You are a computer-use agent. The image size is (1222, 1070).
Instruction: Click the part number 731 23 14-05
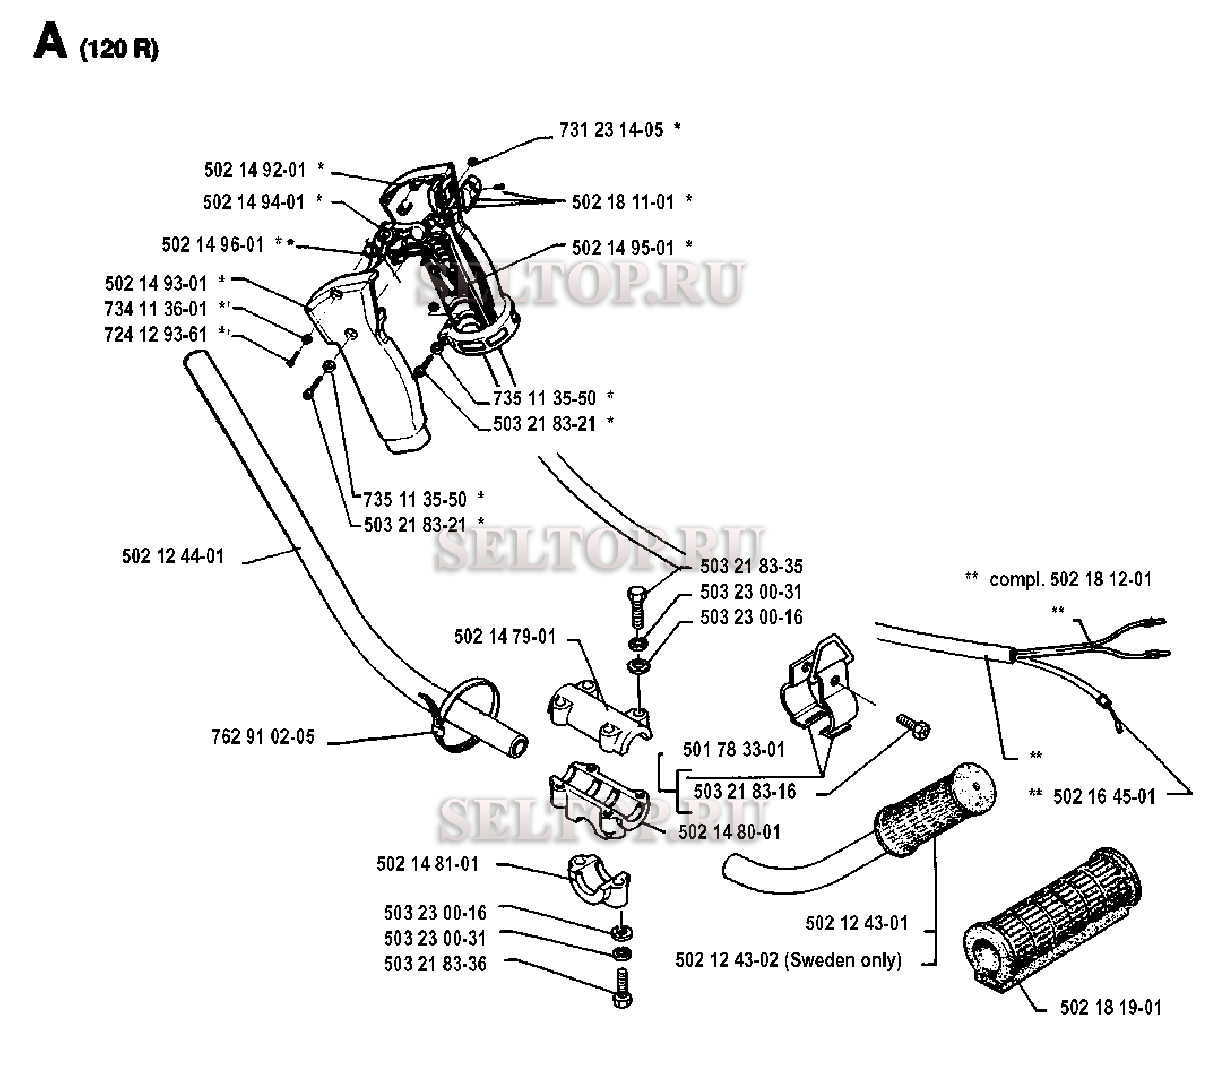(x=611, y=130)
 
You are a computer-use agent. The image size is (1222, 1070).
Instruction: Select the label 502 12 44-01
(x=173, y=556)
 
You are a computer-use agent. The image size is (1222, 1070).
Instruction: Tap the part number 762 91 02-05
(x=263, y=737)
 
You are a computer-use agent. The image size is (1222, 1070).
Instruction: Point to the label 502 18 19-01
(x=1111, y=1008)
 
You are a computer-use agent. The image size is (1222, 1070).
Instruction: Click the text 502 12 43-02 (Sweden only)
(x=789, y=961)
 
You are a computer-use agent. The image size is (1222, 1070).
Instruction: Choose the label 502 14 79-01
(x=505, y=636)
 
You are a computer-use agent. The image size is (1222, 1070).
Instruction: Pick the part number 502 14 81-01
(x=428, y=864)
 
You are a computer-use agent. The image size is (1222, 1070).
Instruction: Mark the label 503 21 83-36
(x=435, y=964)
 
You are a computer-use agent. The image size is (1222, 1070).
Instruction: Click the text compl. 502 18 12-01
(x=1070, y=579)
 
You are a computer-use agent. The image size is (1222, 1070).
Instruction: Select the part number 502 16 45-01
(x=1104, y=796)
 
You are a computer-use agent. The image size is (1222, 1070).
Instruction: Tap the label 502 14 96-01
(x=213, y=245)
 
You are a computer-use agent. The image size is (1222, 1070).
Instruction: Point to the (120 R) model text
(x=119, y=50)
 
